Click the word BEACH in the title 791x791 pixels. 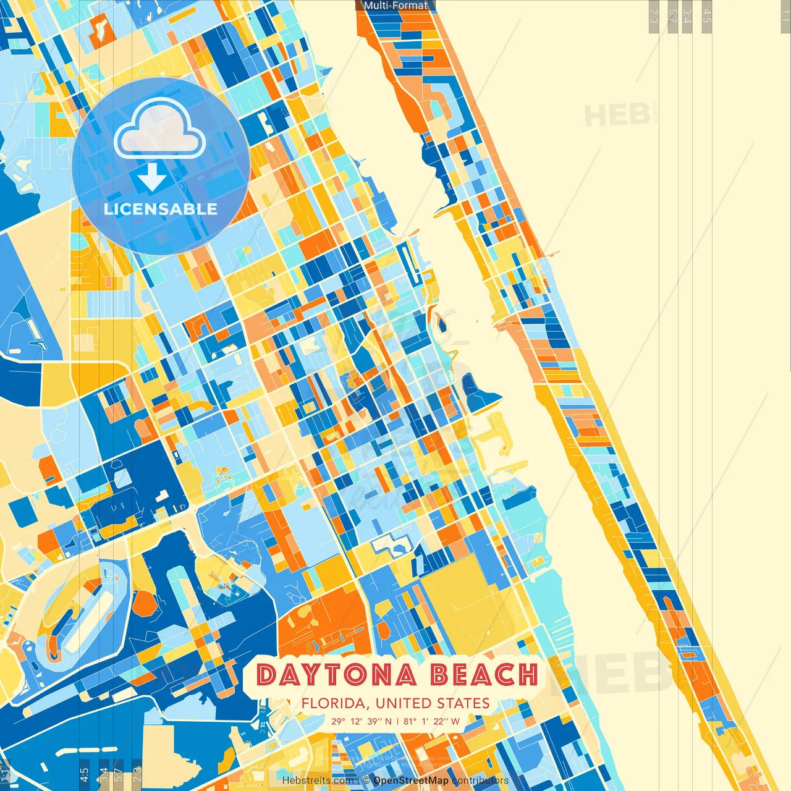point(484,675)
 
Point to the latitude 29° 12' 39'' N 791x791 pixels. point(362,721)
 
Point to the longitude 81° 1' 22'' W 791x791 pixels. point(432,721)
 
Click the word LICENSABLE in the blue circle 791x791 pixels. point(161,209)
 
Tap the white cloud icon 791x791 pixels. point(159,129)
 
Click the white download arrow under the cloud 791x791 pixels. point(152,178)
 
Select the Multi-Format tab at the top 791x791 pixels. point(395,6)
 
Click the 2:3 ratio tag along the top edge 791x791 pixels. point(654,16)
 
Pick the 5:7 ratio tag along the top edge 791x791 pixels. point(672,16)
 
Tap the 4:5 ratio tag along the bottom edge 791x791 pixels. point(84,774)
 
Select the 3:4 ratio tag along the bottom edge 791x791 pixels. point(103,774)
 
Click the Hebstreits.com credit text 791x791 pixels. point(318,780)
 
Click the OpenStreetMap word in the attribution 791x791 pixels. point(411,780)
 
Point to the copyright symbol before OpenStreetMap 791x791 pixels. point(366,780)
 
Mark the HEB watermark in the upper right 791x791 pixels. point(617,116)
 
